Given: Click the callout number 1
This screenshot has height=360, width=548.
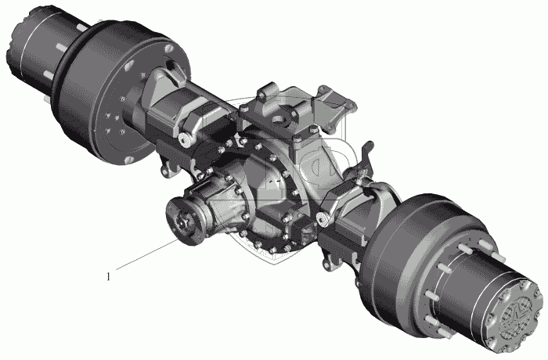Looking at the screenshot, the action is point(108,277).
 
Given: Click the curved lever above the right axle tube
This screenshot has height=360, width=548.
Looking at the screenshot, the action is point(366,157).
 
